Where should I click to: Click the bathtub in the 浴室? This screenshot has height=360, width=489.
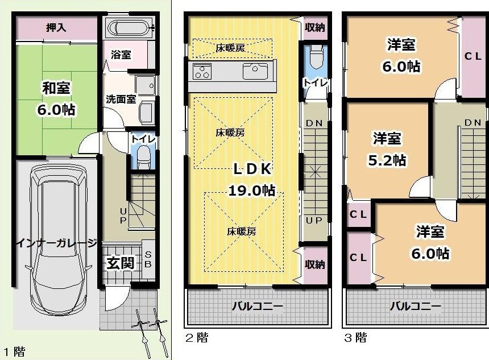(x=130, y=28)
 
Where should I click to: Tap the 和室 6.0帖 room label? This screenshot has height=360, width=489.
(x=56, y=98)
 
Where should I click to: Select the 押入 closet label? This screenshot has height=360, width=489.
(x=56, y=27)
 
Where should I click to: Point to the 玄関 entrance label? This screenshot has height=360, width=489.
(x=121, y=263)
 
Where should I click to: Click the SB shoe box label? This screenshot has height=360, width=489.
(x=148, y=259)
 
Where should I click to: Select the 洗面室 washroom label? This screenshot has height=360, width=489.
(x=121, y=99)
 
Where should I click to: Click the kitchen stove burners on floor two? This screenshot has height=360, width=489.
(x=202, y=72)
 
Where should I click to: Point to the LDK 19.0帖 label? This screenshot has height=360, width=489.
(x=252, y=179)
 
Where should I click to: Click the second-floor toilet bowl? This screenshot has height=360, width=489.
(x=317, y=57)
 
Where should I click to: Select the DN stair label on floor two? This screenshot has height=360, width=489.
(x=314, y=123)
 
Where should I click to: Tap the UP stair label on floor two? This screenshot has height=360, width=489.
(x=314, y=220)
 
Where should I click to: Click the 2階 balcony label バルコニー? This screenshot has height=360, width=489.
(x=257, y=306)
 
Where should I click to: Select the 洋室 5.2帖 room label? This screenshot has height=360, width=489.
(x=387, y=149)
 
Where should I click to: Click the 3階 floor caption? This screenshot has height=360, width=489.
(x=356, y=338)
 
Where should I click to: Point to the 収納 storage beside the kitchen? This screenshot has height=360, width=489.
(x=315, y=27)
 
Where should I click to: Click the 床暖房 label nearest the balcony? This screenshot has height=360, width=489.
(x=242, y=231)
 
